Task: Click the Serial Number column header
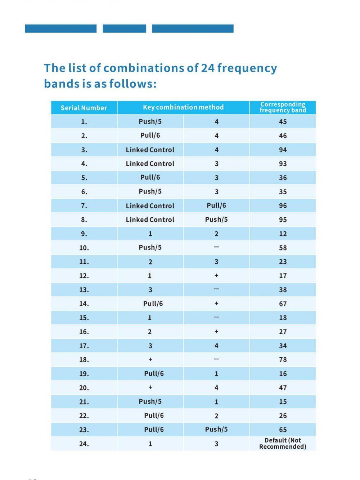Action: [x=84, y=108]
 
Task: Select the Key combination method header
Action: [x=183, y=107]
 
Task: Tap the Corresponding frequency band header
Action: [x=283, y=107]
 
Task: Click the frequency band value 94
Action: [x=283, y=150]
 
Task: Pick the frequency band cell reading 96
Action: [x=283, y=206]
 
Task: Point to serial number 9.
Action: [x=84, y=234]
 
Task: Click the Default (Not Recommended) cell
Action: [x=283, y=444]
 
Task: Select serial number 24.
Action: [x=84, y=444]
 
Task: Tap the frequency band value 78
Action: [x=283, y=360]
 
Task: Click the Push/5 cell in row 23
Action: [x=216, y=430]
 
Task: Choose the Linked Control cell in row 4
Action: [x=150, y=164]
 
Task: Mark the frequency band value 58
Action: [x=283, y=248]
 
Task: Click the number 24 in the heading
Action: [x=208, y=68]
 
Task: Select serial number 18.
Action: [x=84, y=360]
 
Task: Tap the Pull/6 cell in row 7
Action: [x=216, y=205]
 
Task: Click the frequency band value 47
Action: [x=283, y=388]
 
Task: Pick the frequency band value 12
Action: [x=283, y=234]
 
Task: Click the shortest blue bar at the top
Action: [x=125, y=28]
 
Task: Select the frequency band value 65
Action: [x=283, y=430]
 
